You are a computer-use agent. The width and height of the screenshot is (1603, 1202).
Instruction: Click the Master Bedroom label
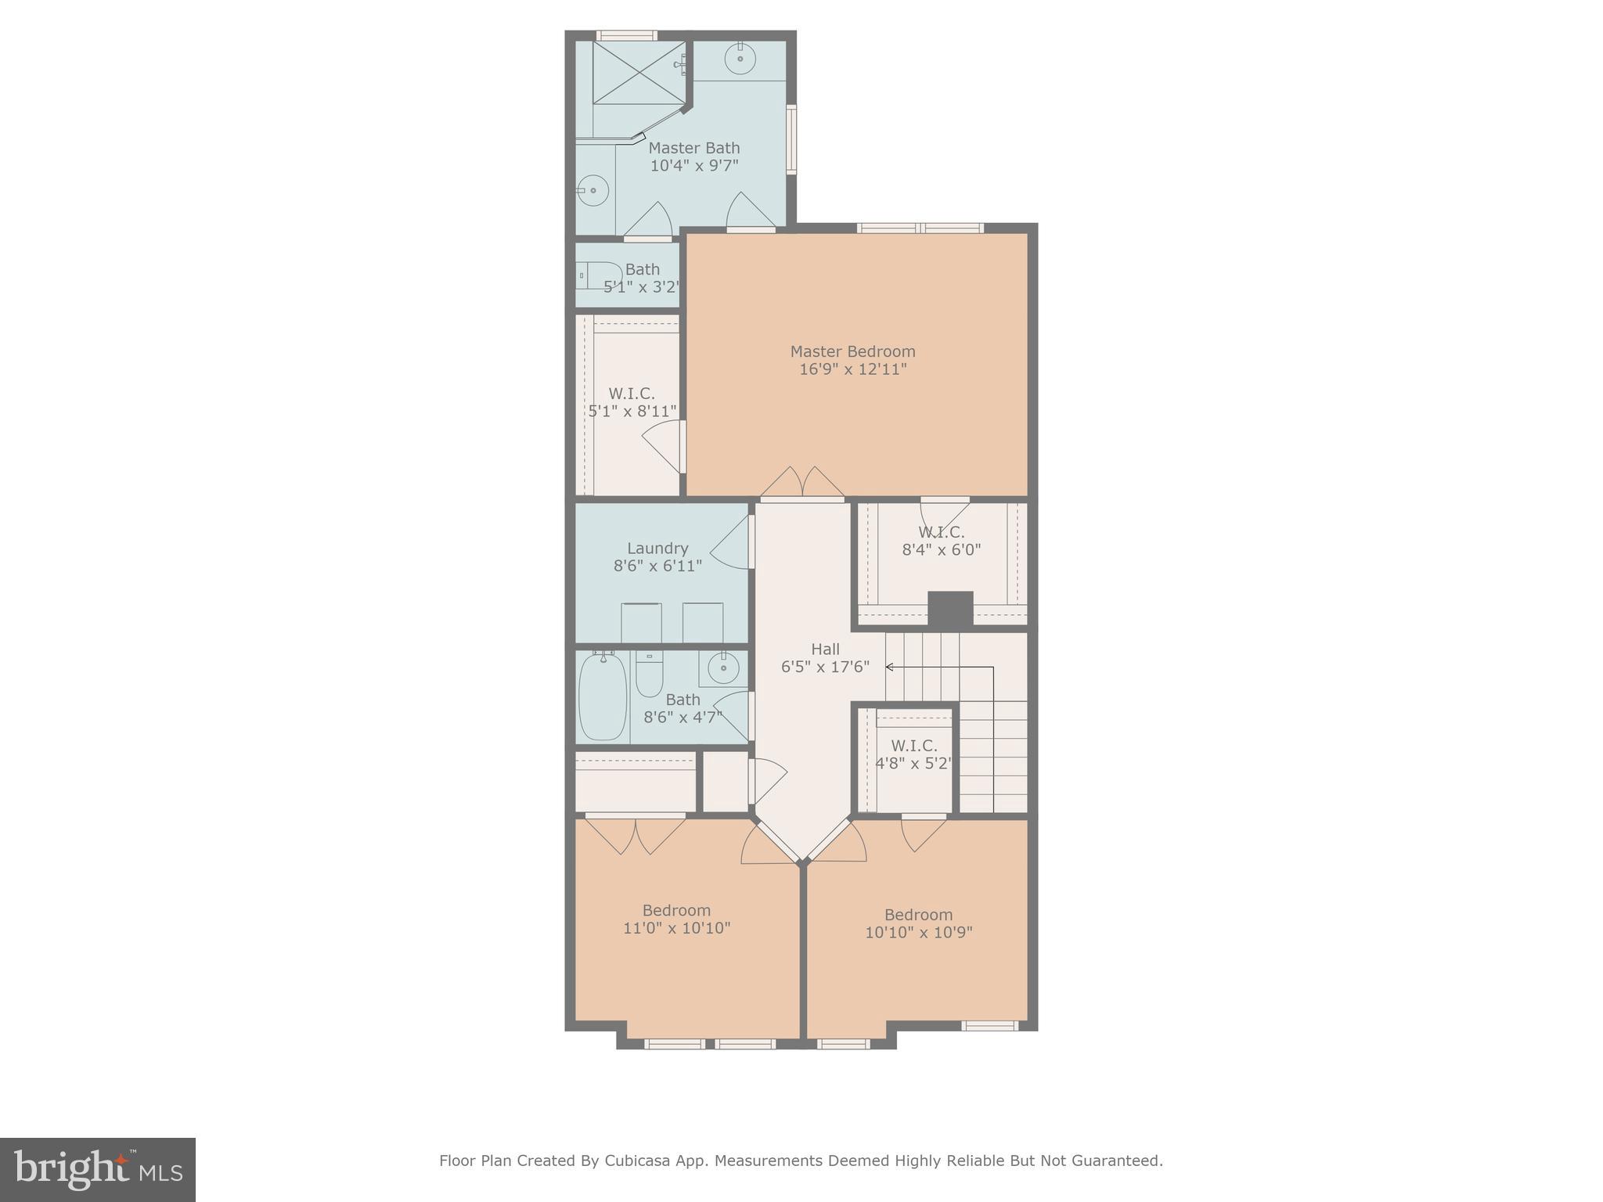(x=852, y=351)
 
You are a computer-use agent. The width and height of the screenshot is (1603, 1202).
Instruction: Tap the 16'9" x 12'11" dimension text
(x=852, y=369)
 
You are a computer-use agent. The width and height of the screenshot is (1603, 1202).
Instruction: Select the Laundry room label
(x=657, y=549)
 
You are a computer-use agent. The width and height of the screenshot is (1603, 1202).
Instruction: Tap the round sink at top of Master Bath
(x=739, y=58)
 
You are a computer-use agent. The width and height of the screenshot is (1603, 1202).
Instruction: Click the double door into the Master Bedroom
(x=802, y=483)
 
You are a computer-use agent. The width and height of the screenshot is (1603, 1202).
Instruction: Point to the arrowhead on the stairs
(x=890, y=667)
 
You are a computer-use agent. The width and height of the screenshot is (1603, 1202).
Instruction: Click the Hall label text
(x=825, y=649)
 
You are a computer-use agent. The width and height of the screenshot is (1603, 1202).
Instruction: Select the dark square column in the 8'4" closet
(x=950, y=609)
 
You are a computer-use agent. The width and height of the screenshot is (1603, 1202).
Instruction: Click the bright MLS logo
(x=98, y=1169)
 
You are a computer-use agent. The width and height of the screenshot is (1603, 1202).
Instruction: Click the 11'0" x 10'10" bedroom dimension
(x=676, y=928)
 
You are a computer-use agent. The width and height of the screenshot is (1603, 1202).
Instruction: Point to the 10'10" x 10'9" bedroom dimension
(x=918, y=933)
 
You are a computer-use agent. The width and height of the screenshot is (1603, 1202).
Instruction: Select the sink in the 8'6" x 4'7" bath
(x=722, y=668)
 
